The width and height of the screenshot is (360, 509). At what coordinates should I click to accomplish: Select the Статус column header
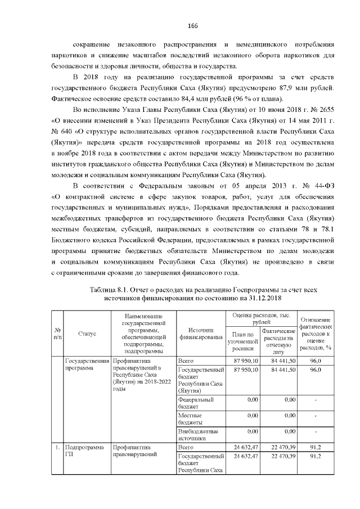tap(87, 333)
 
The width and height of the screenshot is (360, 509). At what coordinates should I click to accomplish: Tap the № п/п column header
tap(57, 333)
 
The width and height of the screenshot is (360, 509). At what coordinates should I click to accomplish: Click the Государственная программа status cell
tap(87, 364)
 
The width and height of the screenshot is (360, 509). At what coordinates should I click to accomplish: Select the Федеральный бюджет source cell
tap(192, 403)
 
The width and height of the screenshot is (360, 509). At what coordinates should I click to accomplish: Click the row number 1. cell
tap(57, 447)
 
